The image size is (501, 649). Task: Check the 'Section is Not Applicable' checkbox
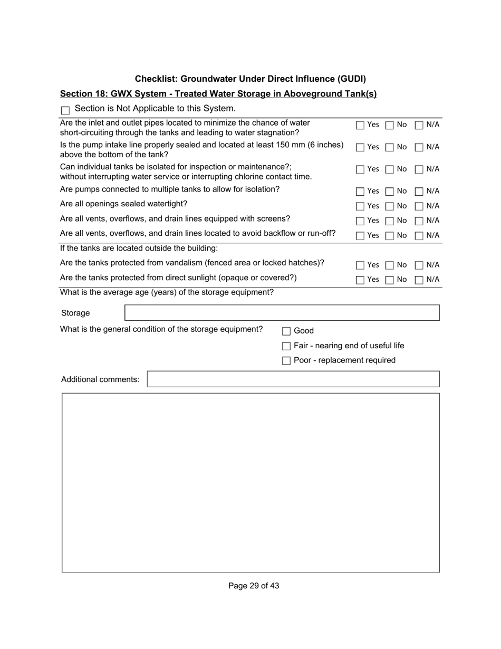pyautogui.click(x=65, y=111)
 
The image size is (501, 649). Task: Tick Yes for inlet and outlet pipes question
pyautogui.click(x=360, y=126)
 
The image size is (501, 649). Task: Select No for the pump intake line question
pyautogui.click(x=389, y=148)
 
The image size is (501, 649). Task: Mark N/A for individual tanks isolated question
pyautogui.click(x=419, y=170)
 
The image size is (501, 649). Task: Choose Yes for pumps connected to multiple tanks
pyautogui.click(x=360, y=192)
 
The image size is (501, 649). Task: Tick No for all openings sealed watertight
pyautogui.click(x=389, y=206)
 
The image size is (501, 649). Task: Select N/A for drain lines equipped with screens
pyautogui.click(x=419, y=221)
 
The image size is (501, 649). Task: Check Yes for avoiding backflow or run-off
pyautogui.click(x=360, y=236)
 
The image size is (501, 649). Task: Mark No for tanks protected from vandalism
pyautogui.click(x=389, y=265)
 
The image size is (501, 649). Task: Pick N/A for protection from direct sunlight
pyautogui.click(x=419, y=280)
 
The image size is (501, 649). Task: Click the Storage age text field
pyautogui.click(x=282, y=313)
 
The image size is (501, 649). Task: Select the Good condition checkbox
pyautogui.click(x=286, y=331)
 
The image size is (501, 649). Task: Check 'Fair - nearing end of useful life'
pyautogui.click(x=286, y=346)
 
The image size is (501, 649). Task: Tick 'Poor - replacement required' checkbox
pyautogui.click(x=286, y=361)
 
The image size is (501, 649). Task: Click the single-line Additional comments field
pyautogui.click(x=293, y=379)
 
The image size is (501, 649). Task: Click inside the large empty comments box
pyautogui.click(x=250, y=483)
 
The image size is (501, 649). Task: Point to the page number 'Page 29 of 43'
pyautogui.click(x=254, y=586)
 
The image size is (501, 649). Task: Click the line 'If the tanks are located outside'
pyautogui.click(x=139, y=248)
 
